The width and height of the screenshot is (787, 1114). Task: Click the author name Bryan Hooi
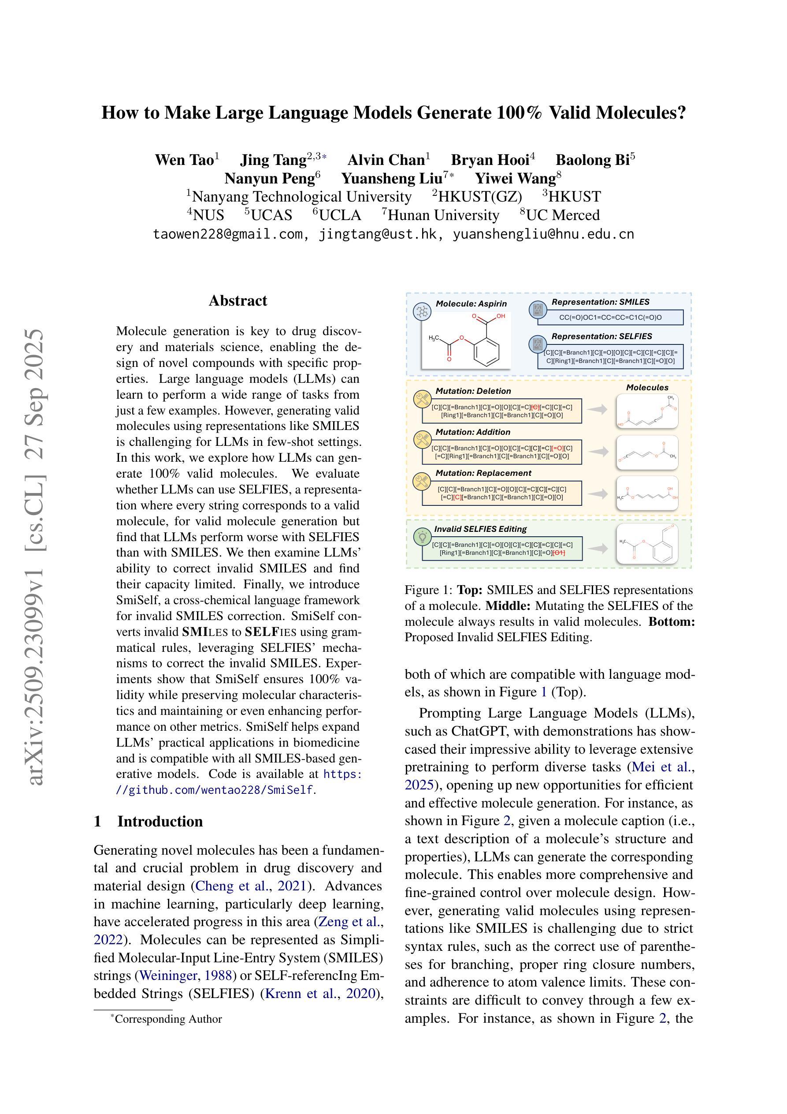coord(489,160)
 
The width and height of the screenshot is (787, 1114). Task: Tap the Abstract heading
coord(238,301)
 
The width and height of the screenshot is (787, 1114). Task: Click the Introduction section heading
coord(160,822)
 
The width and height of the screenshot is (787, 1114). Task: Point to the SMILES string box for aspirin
coord(610,318)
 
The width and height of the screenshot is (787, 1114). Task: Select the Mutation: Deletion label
coord(473,391)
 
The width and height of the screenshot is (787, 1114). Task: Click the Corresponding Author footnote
coord(168,1019)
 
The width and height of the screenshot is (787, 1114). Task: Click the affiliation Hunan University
coord(443,215)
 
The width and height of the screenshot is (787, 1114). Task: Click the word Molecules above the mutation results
coord(647,387)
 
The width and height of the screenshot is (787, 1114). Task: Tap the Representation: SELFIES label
coord(601,336)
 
